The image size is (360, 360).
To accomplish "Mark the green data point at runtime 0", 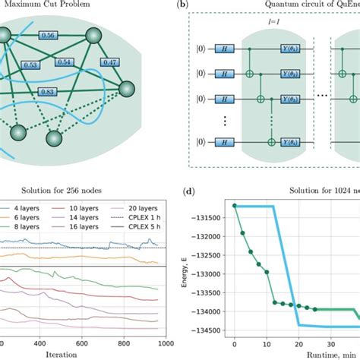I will coord(235,206).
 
